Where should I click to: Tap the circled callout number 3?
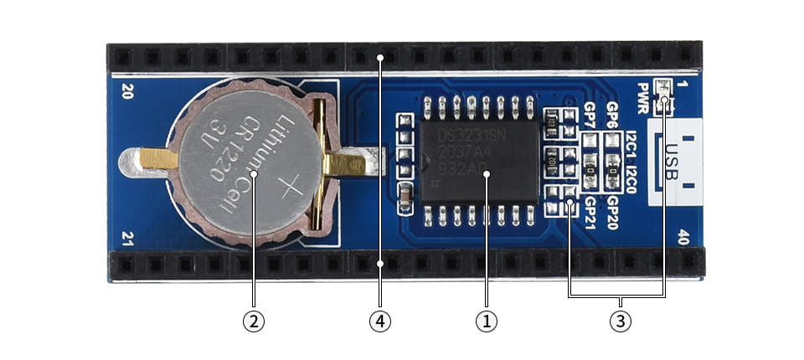pos(619,321)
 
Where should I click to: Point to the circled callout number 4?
pos(380,321)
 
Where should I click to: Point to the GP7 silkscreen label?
pos(590,114)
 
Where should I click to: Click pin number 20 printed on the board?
pos(128,90)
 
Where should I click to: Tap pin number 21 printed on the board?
pos(128,238)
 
